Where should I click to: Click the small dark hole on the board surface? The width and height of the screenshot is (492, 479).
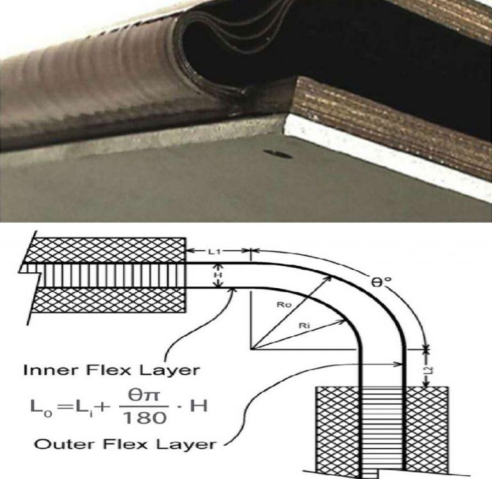[x=279, y=154]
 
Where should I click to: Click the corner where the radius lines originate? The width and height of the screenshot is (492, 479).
[x=252, y=350]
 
